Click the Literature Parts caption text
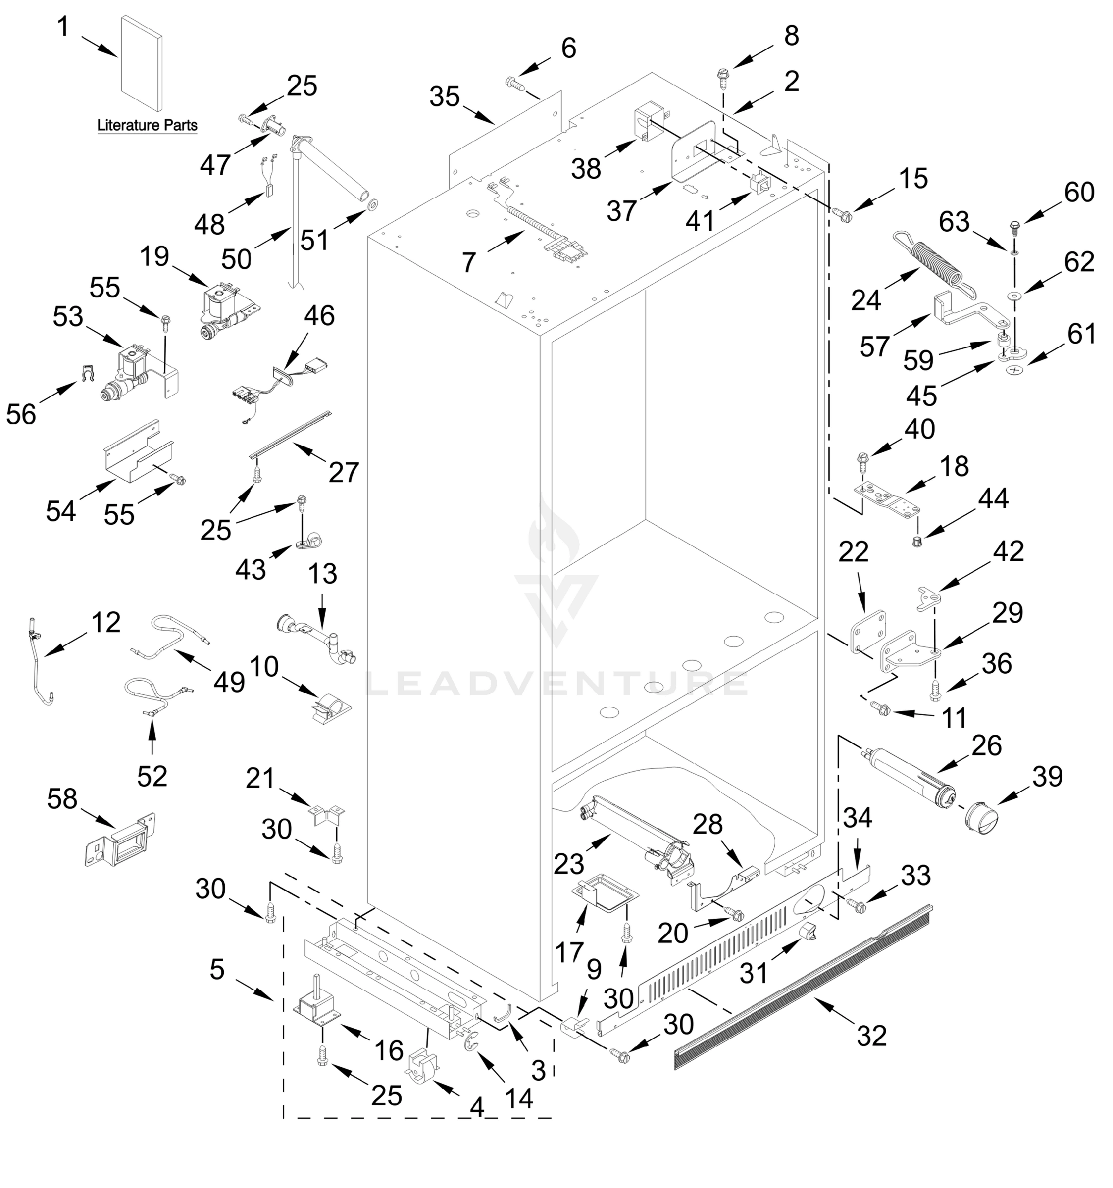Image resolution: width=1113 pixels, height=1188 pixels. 147,126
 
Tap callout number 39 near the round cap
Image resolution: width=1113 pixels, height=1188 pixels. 1047,776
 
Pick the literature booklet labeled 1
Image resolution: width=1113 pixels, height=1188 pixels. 141,63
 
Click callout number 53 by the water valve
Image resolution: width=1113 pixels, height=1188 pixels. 67,317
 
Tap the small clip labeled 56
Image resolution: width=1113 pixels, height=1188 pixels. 88,375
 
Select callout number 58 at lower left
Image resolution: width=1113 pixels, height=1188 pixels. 62,799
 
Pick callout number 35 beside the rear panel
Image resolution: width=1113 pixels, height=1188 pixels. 444,97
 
